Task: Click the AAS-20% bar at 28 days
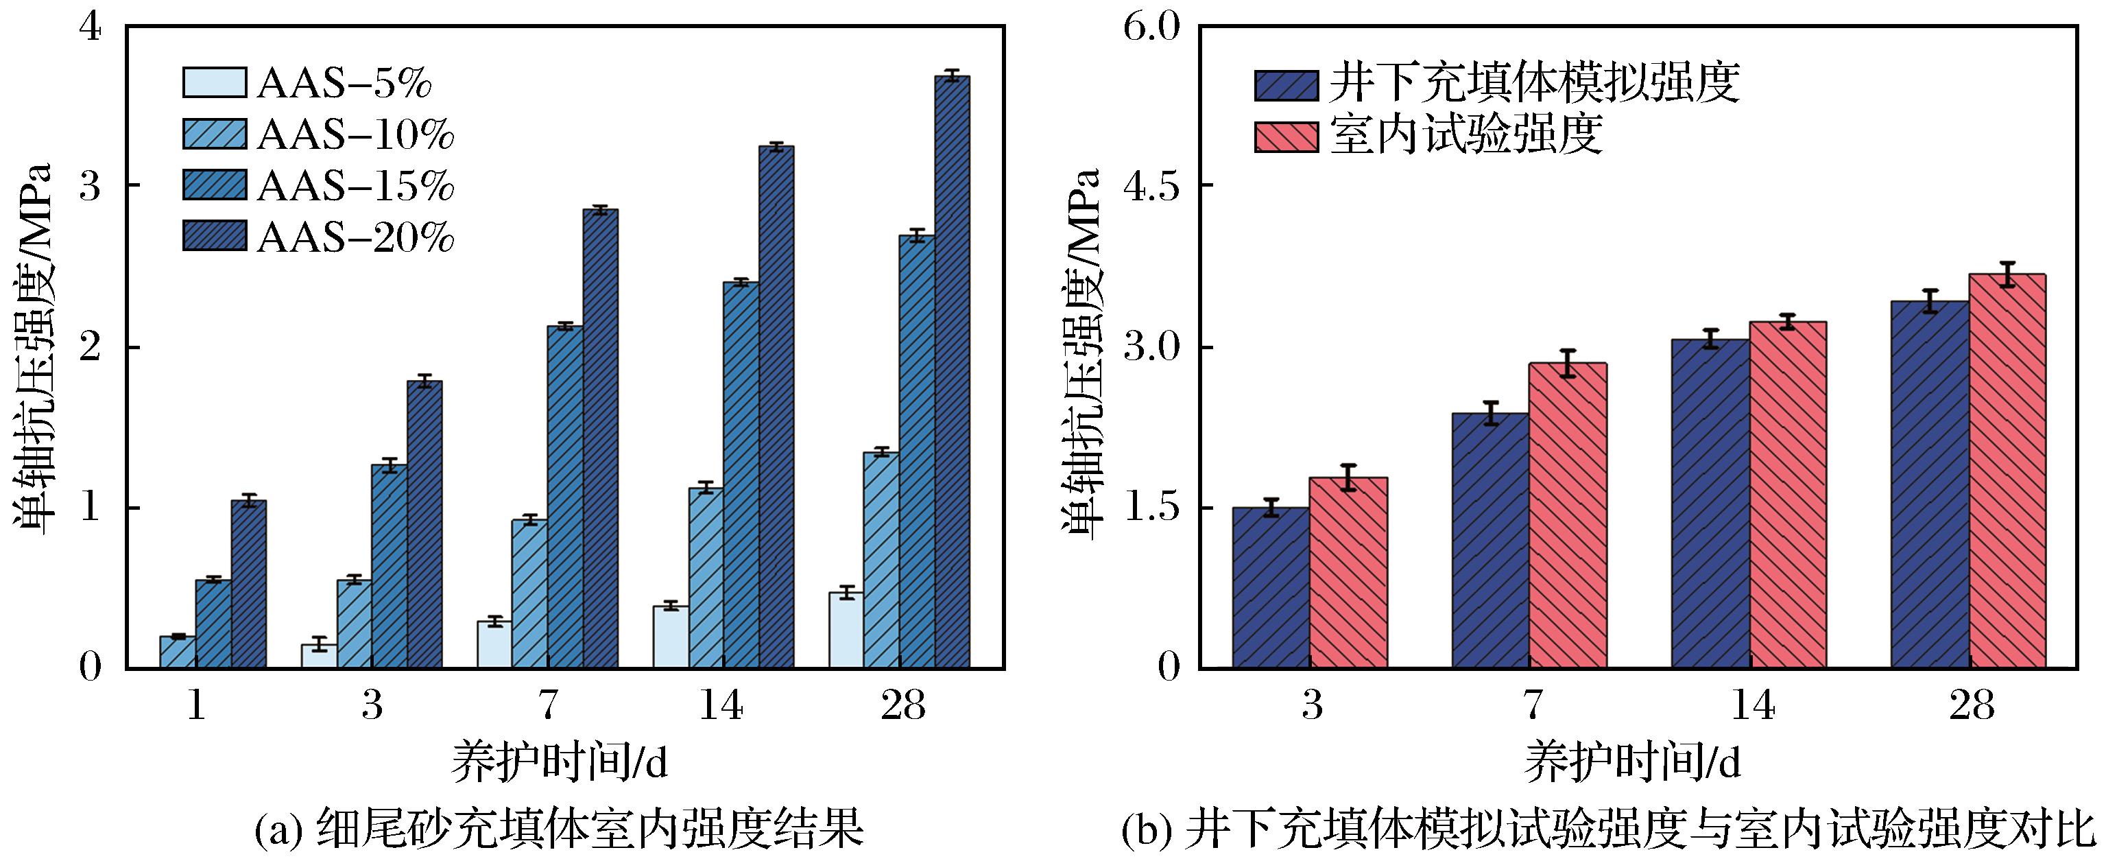coord(952,372)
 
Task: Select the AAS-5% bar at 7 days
coord(494,644)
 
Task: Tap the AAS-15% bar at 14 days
coord(741,474)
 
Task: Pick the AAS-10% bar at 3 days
coord(354,624)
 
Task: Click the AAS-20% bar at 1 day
coord(248,584)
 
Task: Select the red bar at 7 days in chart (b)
coord(1567,515)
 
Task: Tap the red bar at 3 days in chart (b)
coord(1348,572)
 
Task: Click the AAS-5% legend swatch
coord(214,82)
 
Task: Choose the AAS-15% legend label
coord(356,187)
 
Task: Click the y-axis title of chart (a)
coord(33,350)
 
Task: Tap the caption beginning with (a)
coord(559,831)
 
